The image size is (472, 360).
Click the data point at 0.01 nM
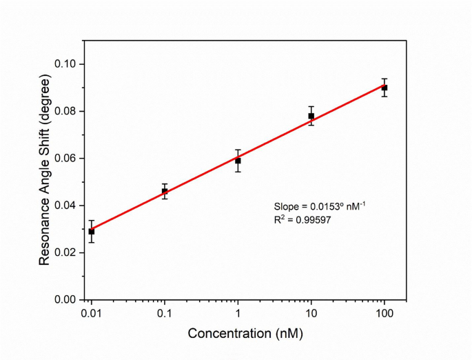point(92,231)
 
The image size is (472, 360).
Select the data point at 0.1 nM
point(165,191)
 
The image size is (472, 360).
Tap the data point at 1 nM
point(238,161)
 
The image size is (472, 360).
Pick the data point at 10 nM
point(311,116)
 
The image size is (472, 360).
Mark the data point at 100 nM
point(384,88)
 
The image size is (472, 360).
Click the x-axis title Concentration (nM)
point(245,334)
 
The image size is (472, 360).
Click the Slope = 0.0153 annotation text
point(323,206)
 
